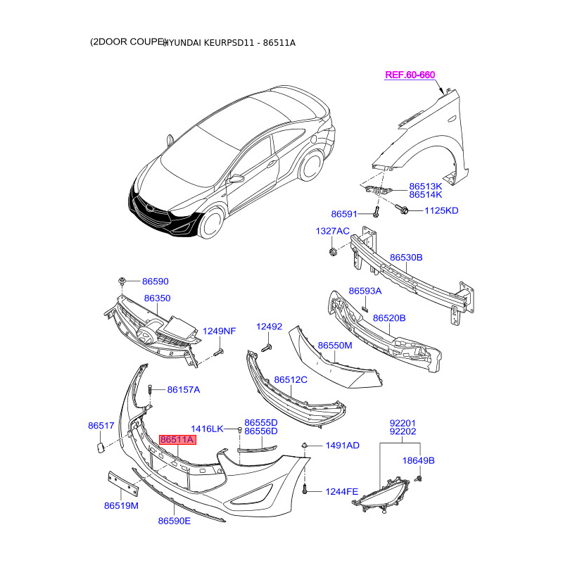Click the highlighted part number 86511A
point(177,440)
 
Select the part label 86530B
point(406,258)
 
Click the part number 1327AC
point(331,231)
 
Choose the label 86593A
point(365,291)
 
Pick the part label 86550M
point(334,346)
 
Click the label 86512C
point(291,379)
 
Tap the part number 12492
point(268,327)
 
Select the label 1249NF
point(220,331)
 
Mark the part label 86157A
point(183,389)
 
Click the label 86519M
point(121,505)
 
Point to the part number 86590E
point(174,521)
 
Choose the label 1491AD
point(342,445)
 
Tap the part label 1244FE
point(341,491)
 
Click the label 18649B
point(418,460)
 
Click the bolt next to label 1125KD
point(404,209)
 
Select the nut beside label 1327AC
point(331,252)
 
